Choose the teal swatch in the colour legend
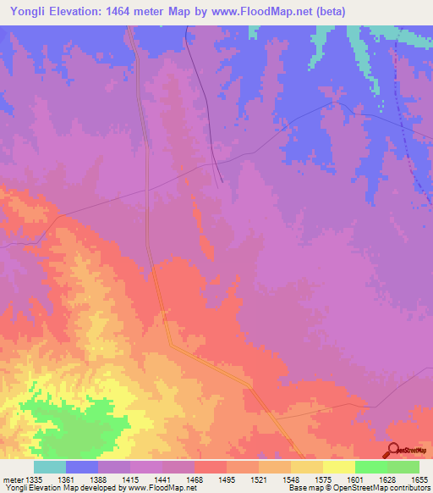[50, 467]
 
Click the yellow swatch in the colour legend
[339, 467]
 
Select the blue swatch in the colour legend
[82, 467]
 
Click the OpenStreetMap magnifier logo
[392, 450]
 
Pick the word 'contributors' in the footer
[408, 488]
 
